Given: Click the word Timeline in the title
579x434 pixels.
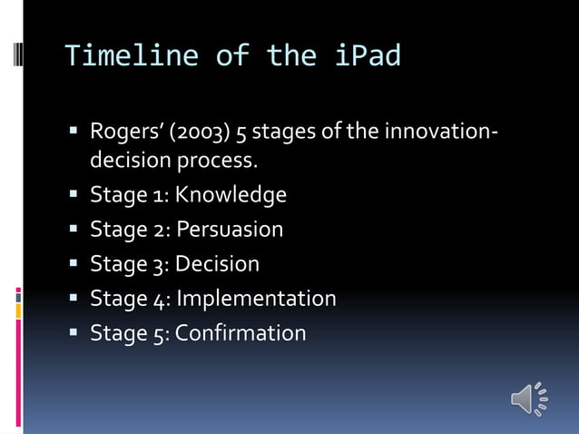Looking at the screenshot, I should click(132, 56).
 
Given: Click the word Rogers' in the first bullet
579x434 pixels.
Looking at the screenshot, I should click(123, 133).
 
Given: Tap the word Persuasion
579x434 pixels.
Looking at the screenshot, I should click(230, 230).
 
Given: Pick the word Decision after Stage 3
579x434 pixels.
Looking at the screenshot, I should click(217, 264).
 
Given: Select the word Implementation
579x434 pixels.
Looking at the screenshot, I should click(256, 299).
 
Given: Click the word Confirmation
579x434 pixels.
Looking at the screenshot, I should click(240, 333).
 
